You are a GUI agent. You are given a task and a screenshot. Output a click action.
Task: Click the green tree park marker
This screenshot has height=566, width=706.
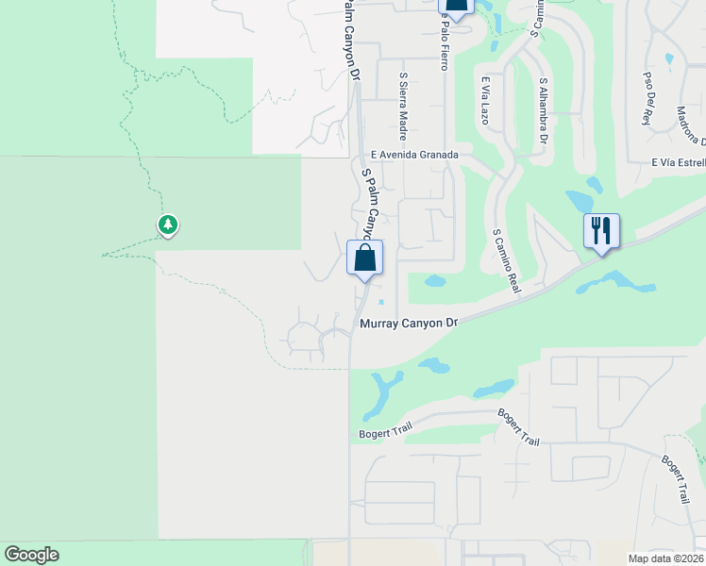click(168, 225)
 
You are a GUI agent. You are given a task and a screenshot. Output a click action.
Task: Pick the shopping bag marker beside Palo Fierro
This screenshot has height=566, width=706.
click(456, 7)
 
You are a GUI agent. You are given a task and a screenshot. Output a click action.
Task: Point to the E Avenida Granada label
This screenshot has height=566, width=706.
click(414, 155)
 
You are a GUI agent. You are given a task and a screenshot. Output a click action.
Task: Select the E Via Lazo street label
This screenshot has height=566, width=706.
click(484, 101)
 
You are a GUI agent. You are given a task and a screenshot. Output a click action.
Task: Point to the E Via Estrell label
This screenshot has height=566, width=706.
click(678, 162)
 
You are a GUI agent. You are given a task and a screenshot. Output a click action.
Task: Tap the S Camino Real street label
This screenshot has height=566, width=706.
click(506, 259)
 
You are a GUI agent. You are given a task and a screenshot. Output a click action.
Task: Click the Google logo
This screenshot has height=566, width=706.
click(31, 556)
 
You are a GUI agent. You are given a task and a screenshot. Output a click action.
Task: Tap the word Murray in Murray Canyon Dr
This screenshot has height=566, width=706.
click(380, 324)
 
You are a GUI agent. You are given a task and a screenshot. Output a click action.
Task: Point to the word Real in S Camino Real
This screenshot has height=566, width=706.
click(514, 282)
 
